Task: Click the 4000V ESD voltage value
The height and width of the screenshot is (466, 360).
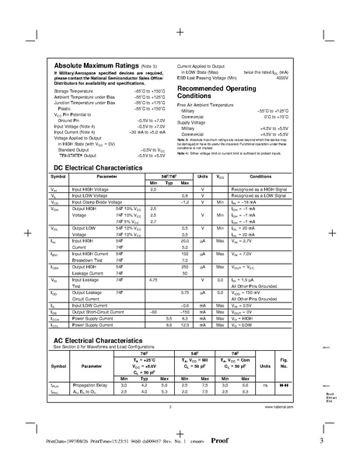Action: (281, 79)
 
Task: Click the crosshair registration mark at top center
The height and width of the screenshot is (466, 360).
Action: (180, 33)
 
